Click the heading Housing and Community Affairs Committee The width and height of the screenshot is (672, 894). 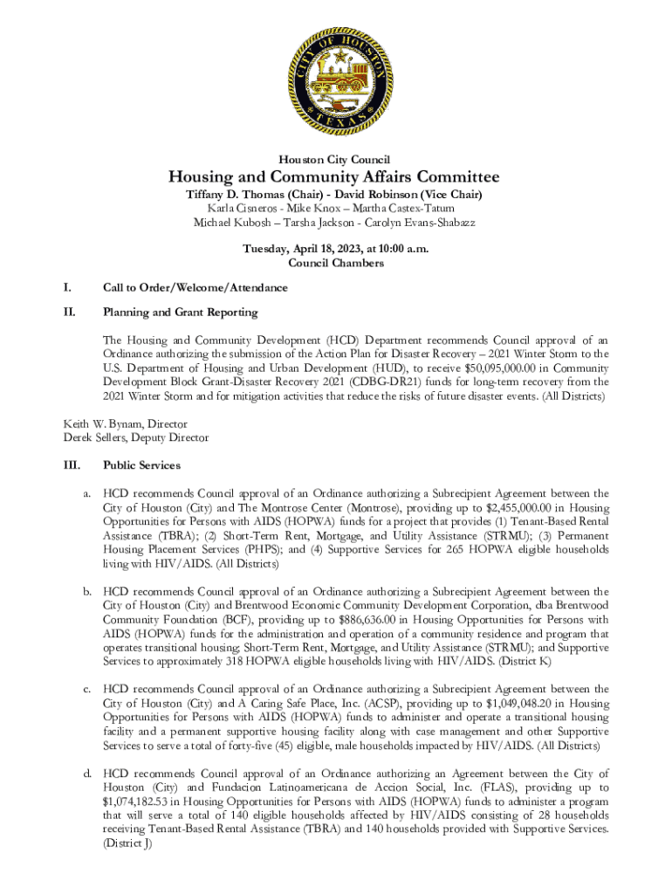coord(334,177)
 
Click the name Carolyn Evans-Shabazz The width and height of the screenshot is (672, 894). coord(420,223)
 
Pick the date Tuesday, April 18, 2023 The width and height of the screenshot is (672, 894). coord(298,249)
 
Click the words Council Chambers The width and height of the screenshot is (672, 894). coord(335,263)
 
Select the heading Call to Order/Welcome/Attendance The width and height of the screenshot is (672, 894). coord(195,287)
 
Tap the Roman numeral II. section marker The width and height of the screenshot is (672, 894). coord(69,311)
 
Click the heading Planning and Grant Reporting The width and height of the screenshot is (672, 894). coord(180,311)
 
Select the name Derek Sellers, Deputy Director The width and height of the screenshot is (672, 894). coord(135,437)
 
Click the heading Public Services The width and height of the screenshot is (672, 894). coord(141,465)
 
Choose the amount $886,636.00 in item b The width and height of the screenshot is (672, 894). coord(367,619)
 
